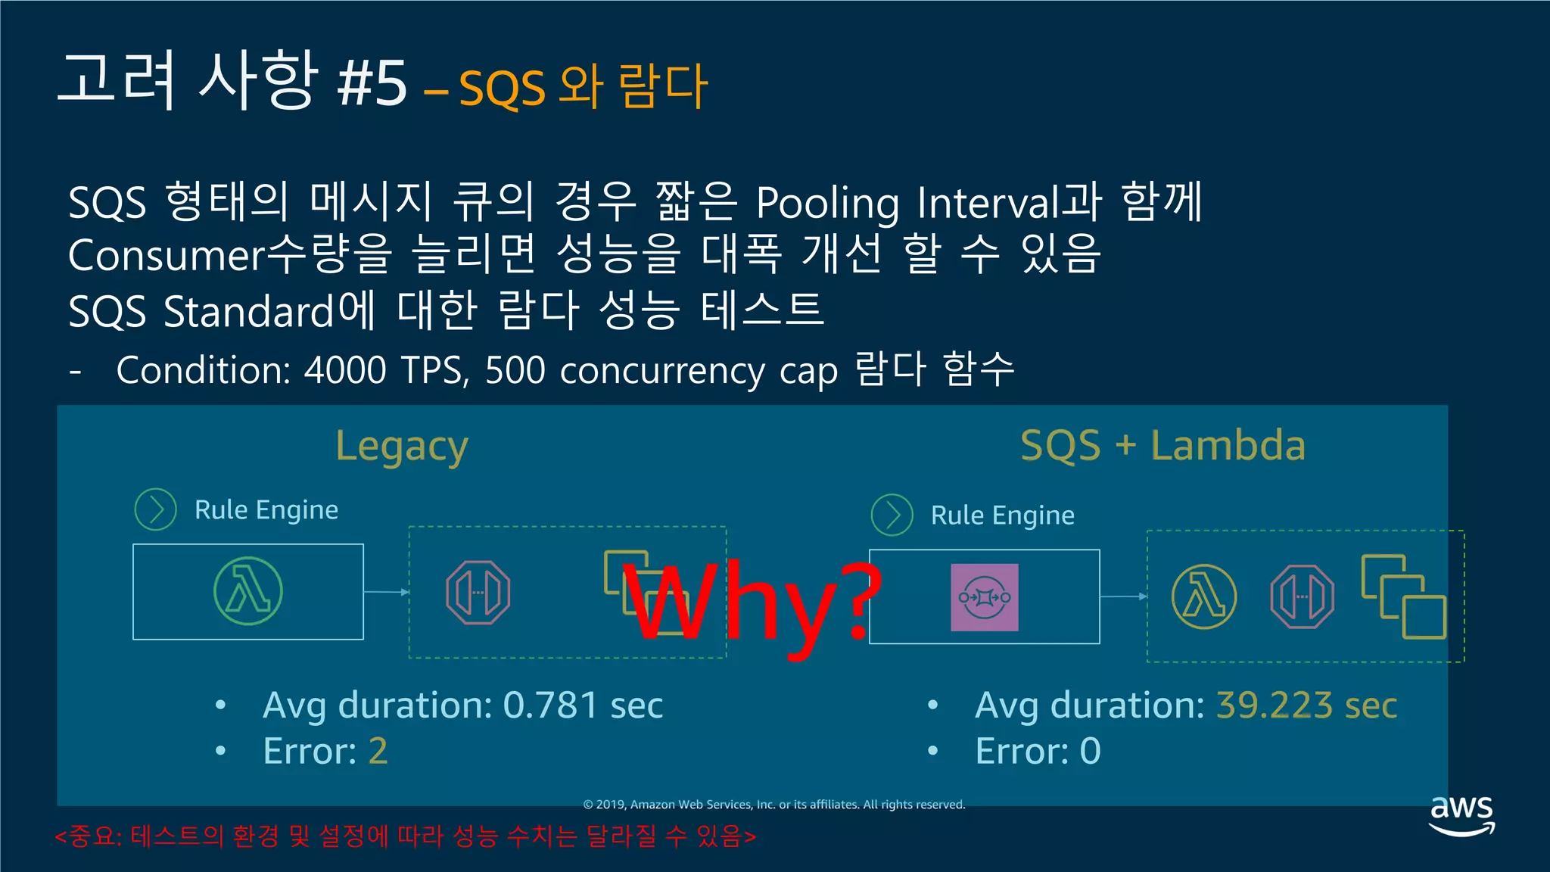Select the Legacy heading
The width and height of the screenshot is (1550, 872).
(x=402, y=446)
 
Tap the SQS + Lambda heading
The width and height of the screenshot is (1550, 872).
(x=1162, y=445)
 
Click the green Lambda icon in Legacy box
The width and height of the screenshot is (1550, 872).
(x=248, y=591)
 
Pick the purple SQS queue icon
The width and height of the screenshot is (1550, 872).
(x=984, y=597)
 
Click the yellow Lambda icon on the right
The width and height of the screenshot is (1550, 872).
(x=1204, y=596)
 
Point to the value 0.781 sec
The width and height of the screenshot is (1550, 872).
(x=583, y=705)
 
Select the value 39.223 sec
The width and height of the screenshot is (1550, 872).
(x=1306, y=705)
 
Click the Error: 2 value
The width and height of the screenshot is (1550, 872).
(x=378, y=751)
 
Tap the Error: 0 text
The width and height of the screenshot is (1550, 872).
(x=1038, y=751)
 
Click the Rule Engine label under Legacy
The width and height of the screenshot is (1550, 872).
(x=266, y=509)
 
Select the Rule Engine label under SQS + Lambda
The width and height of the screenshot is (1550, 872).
(x=1002, y=515)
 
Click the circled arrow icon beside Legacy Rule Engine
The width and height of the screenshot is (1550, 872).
(x=155, y=509)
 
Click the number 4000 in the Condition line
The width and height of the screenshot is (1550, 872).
(x=345, y=370)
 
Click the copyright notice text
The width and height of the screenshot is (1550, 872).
(x=773, y=804)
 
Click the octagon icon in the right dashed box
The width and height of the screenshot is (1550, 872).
(x=1302, y=596)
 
